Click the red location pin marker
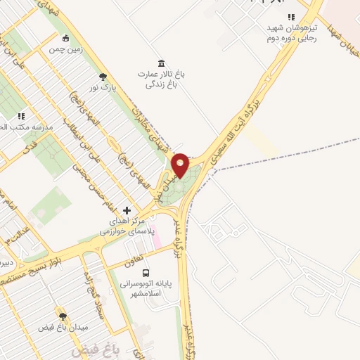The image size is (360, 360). point(181,165)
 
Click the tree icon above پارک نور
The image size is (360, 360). point(103,77)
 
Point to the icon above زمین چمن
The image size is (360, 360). point(65,38)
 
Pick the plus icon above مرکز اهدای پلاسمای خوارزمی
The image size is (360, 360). point(127,210)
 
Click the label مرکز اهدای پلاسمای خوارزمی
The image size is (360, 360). point(122,226)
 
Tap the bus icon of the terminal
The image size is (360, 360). point(146,273)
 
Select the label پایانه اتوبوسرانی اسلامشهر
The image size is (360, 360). point(146,290)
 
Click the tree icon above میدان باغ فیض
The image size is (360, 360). point(63,318)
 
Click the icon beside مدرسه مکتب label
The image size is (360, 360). point(21,115)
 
